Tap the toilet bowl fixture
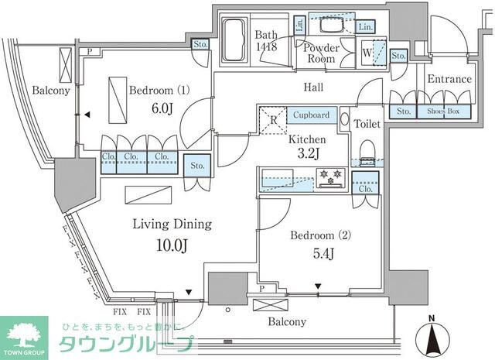coord(368,147)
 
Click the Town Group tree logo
coord(24,333)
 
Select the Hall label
coord(313,87)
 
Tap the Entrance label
coord(449,79)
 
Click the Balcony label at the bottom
coord(287,321)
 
